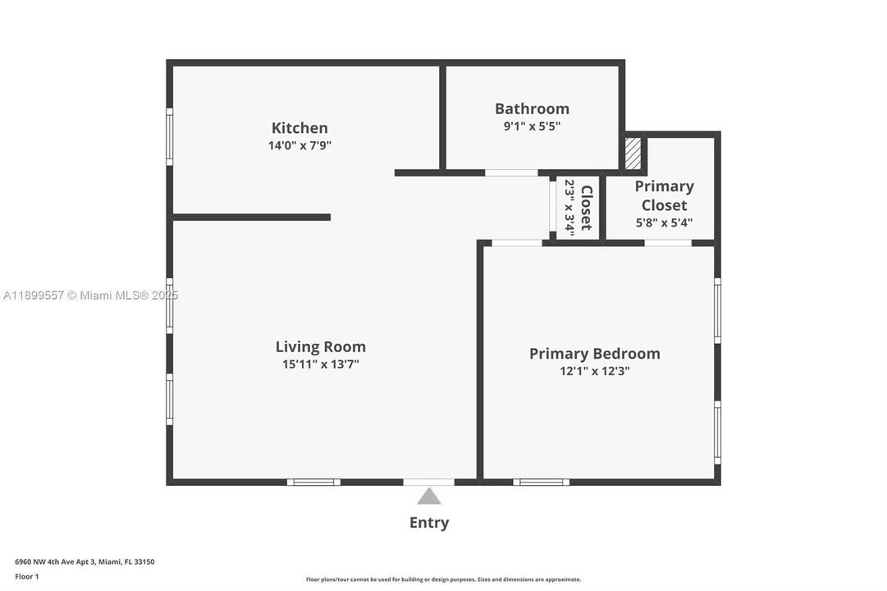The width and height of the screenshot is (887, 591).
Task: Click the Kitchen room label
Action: coord(299,128)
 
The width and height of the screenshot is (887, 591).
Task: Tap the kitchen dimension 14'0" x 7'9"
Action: coord(300,146)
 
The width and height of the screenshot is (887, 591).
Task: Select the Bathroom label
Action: coord(532,109)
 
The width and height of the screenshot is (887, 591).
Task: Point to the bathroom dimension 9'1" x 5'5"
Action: coord(532,126)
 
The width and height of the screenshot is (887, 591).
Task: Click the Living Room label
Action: coord(320,347)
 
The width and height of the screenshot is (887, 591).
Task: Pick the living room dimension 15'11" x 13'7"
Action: coord(320,364)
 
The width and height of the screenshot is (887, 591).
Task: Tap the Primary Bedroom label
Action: coord(594,354)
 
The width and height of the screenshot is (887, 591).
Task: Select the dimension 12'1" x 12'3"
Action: coord(594,371)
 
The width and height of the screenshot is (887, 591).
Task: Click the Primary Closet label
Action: coord(664,195)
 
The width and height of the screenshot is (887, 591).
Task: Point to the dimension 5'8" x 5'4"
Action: coord(664,222)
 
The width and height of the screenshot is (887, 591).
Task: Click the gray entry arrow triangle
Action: coord(429,497)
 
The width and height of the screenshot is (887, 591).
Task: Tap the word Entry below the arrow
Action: coord(429,523)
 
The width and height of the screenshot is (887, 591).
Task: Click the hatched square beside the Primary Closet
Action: coord(633,153)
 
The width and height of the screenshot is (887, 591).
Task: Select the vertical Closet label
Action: coord(586,208)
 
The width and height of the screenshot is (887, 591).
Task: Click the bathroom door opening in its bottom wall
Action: coord(511,173)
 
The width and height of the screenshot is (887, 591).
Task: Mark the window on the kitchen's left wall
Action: coord(170,137)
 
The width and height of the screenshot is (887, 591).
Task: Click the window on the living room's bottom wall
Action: coord(313,482)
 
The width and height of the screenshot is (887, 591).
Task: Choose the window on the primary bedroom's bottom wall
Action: coord(541,482)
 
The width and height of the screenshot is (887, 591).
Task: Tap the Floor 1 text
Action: coord(26,577)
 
